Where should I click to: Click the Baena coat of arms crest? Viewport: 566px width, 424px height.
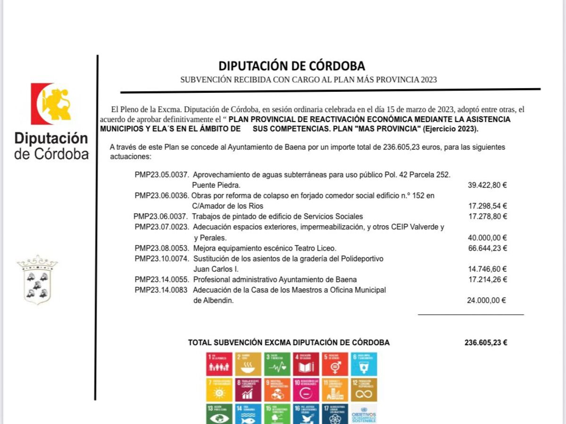click(x=37, y=280)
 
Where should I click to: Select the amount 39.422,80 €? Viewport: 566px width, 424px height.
click(x=487, y=185)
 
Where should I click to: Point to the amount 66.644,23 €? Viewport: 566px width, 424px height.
click(x=487, y=248)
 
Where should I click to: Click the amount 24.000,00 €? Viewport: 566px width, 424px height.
click(x=487, y=301)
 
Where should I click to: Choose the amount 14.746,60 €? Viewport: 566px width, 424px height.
click(x=487, y=269)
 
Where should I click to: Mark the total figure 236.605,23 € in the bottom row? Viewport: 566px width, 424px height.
click(x=486, y=343)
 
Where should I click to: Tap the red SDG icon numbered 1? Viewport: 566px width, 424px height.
click(x=219, y=364)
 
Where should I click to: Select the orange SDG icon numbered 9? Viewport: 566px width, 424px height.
click(x=277, y=389)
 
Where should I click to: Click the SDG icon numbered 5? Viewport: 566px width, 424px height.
click(x=335, y=364)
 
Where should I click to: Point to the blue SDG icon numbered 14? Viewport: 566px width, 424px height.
click(x=248, y=414)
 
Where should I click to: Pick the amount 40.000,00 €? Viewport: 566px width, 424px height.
click(x=487, y=238)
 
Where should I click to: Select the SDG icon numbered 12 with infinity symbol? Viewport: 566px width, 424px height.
click(x=364, y=389)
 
